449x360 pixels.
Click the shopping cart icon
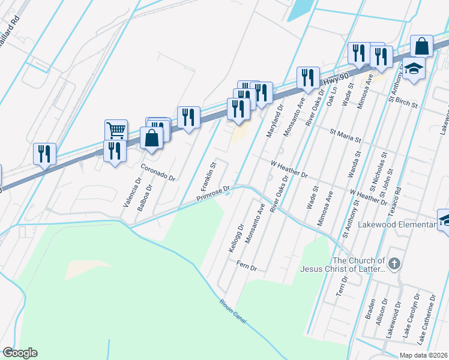[x=115, y=129]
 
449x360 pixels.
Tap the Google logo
[x=19, y=353]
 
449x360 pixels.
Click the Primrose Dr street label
[x=213, y=195]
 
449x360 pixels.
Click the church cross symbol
[x=394, y=263]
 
